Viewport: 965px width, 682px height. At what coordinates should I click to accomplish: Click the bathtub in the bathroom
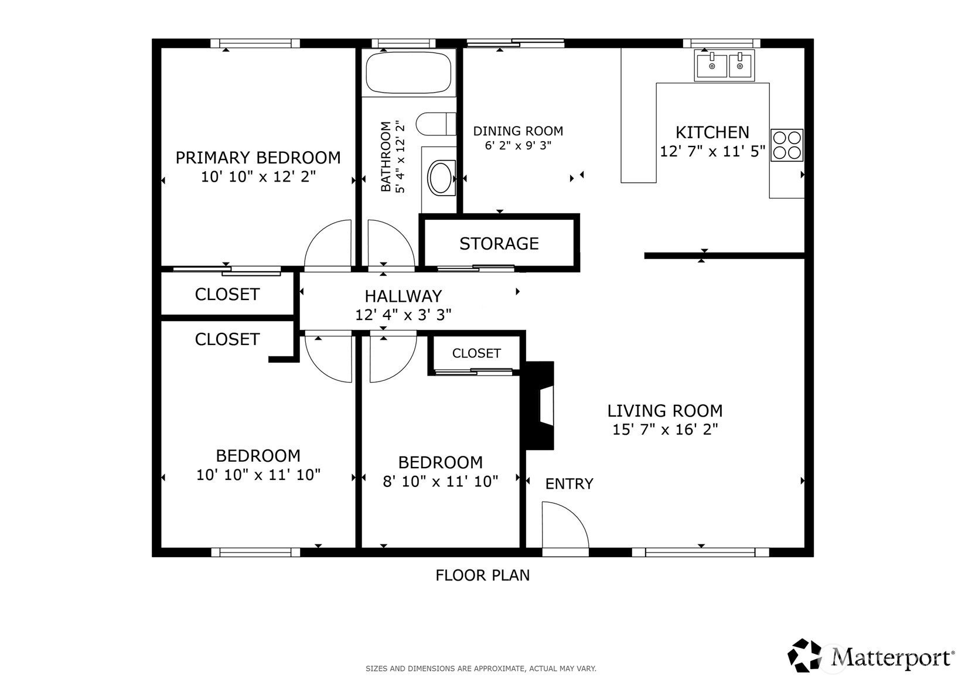tap(408, 73)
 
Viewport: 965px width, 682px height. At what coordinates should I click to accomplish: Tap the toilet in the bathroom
tap(436, 124)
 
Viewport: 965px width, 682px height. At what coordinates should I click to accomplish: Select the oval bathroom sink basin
tap(440, 178)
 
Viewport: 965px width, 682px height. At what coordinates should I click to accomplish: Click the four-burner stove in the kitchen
tap(787, 145)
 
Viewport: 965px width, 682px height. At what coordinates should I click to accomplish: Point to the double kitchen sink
tap(724, 65)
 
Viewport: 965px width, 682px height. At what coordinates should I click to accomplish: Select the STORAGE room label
tap(499, 244)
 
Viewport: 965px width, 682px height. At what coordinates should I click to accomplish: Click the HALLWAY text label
tap(403, 296)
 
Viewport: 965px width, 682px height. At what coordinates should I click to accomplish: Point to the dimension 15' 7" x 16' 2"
tap(665, 429)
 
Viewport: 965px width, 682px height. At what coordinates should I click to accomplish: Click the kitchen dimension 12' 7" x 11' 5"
tap(712, 151)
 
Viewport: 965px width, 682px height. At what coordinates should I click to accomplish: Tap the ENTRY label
tap(569, 484)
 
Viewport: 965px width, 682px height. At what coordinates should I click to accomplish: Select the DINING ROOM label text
tap(519, 131)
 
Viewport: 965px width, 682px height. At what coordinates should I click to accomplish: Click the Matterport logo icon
tap(804, 655)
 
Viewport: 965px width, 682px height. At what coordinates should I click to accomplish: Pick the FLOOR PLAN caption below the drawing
tap(483, 575)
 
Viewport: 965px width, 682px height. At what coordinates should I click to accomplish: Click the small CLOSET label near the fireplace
tap(476, 353)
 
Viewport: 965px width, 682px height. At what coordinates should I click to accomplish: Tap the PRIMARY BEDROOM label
tap(258, 158)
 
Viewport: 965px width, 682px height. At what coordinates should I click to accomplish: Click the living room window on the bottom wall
tap(701, 553)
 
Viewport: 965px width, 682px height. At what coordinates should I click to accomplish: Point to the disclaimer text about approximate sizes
tap(481, 669)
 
